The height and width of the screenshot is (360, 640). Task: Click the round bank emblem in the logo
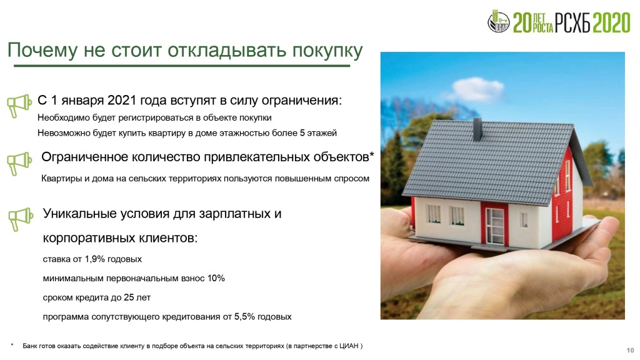click(498, 21)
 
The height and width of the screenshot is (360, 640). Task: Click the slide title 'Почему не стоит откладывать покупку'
click(185, 51)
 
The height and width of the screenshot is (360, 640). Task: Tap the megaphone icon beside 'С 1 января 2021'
click(19, 106)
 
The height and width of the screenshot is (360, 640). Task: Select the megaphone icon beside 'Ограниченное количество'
click(19, 164)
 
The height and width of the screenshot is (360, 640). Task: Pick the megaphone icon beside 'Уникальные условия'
click(21, 219)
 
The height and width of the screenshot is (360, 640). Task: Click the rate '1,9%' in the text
click(94, 259)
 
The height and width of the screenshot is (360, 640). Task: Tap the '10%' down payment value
click(216, 278)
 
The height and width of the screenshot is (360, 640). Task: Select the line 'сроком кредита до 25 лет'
click(97, 297)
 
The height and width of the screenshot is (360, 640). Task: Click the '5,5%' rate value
click(244, 317)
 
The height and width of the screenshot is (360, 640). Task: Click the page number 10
click(630, 350)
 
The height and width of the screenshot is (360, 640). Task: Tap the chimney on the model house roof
click(477, 129)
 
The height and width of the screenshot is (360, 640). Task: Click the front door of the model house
click(495, 226)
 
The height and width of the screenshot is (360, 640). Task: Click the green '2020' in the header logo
click(611, 22)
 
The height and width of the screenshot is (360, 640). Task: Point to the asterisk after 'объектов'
click(371, 155)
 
